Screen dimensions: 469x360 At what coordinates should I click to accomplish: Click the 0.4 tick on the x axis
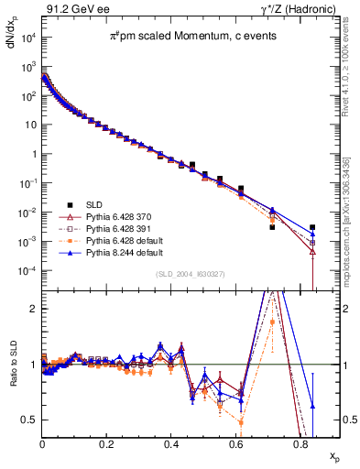(171, 442)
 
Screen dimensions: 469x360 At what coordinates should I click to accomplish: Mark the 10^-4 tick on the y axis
(28, 271)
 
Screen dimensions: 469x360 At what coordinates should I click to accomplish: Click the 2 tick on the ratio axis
(34, 309)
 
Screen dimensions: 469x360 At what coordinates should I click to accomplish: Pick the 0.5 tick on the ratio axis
(30, 420)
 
